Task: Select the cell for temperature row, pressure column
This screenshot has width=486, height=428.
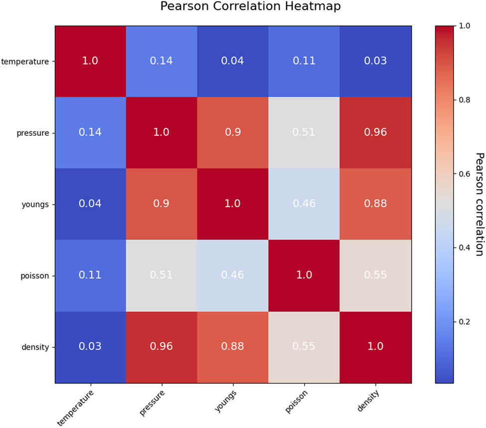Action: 162,61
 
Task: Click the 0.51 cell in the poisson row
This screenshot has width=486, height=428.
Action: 162,276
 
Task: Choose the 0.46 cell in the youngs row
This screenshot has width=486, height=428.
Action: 305,204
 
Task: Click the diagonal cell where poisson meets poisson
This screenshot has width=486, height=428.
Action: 305,276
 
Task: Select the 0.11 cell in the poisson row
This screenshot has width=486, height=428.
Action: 90,276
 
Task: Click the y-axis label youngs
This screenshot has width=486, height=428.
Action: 36,204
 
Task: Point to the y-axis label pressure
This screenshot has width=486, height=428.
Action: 33,133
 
